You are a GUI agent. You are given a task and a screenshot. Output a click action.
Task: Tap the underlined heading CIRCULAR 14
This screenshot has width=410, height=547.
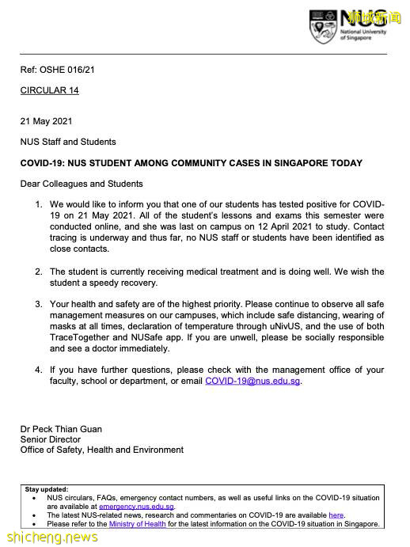pyautogui.click(x=49, y=90)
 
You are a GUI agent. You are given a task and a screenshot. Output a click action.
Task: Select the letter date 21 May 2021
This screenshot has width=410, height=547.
pyautogui.click(x=46, y=121)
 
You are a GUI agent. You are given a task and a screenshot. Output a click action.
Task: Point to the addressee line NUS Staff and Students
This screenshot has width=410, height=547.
pyautogui.click(x=68, y=142)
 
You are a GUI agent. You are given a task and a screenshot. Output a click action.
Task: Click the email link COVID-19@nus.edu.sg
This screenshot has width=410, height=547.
pyautogui.click(x=252, y=381)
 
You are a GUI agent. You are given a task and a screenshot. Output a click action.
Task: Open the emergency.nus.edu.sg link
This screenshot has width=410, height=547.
pyautogui.click(x=136, y=507)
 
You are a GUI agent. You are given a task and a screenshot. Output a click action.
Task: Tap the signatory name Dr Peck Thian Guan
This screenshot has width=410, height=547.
pyautogui.click(x=61, y=429)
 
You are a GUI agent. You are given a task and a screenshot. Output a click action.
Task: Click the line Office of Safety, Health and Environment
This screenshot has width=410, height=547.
pyautogui.click(x=101, y=450)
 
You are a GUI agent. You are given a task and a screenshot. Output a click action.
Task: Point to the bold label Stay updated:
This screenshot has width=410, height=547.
pyautogui.click(x=47, y=489)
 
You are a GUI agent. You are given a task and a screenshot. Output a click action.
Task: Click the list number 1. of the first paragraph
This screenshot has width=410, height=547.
pyautogui.click(x=39, y=204)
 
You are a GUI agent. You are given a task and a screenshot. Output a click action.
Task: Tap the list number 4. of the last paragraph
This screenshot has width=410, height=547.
pyautogui.click(x=39, y=370)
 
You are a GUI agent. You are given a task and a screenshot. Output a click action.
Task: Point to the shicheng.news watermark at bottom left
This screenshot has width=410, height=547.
pyautogui.click(x=49, y=538)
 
